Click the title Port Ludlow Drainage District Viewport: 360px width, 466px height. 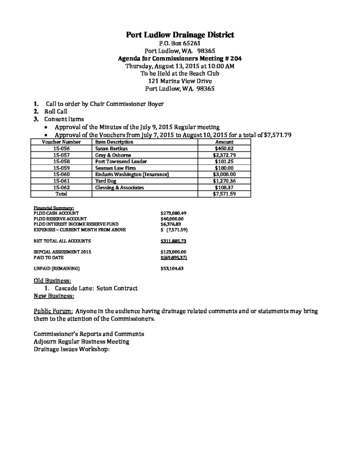click(x=180, y=35)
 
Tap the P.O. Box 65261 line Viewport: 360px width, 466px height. click(x=180, y=43)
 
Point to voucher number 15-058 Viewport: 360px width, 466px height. click(x=61, y=161)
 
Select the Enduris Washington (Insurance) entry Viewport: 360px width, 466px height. click(x=132, y=174)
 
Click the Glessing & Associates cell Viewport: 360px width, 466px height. click(x=119, y=187)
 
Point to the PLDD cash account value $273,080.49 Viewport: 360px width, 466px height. click(x=174, y=213)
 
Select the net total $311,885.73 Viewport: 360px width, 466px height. click(x=174, y=241)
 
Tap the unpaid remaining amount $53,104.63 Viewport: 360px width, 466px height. click(x=172, y=268)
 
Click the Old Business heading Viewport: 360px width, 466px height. click(x=52, y=280)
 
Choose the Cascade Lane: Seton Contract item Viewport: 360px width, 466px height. click(x=96, y=289)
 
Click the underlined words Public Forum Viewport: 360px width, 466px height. click(x=53, y=311)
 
